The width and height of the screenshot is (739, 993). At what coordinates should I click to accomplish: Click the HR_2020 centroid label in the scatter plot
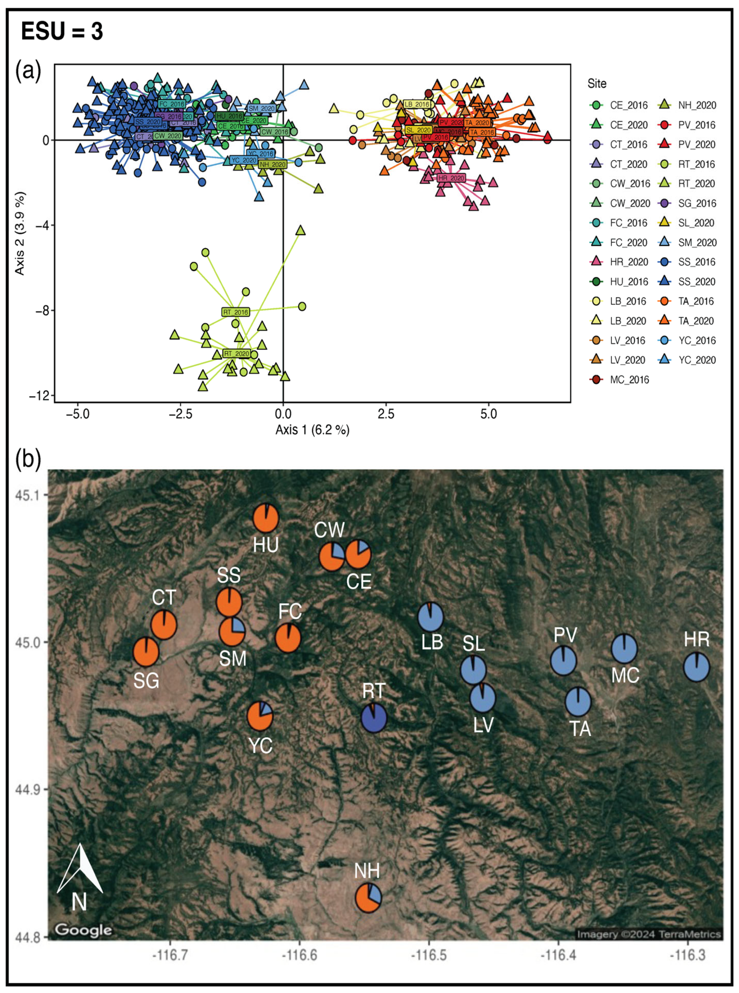click(x=451, y=178)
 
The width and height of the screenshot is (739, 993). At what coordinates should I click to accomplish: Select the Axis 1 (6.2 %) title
click(x=312, y=430)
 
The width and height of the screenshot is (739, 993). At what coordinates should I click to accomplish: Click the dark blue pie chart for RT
click(x=374, y=718)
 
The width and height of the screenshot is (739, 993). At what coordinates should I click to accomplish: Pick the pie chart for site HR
click(x=697, y=667)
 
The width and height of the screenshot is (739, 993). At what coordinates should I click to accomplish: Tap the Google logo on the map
click(x=83, y=930)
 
